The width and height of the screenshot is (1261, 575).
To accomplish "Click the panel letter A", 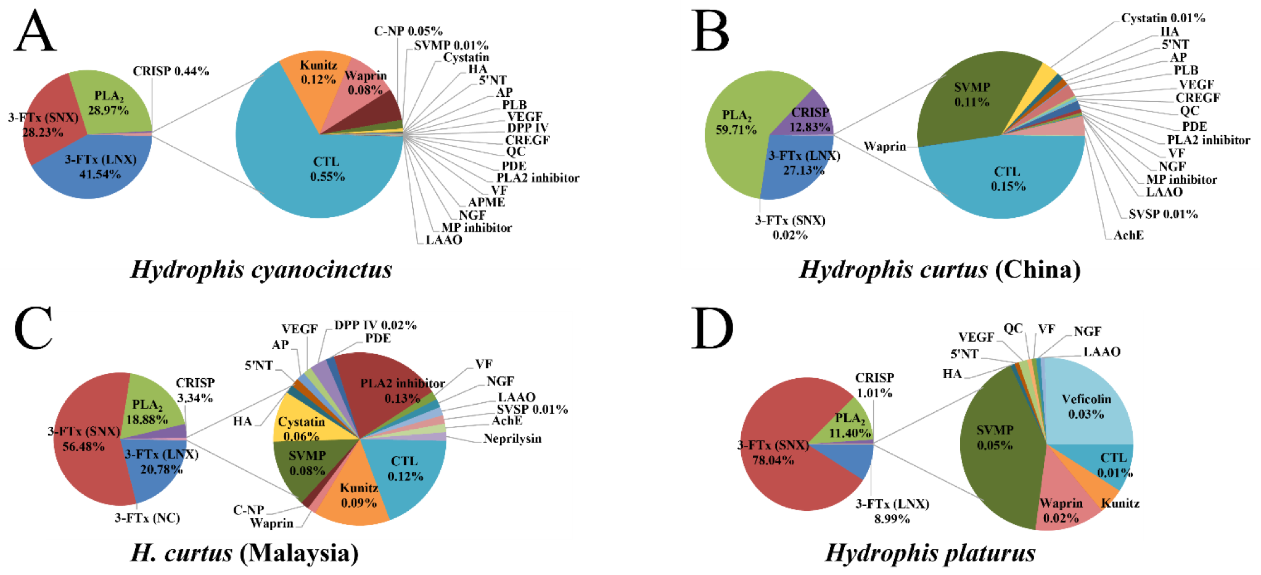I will click(35, 32).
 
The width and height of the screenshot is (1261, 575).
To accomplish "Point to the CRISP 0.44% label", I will click(171, 72).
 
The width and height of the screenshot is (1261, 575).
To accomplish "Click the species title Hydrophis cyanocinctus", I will click(261, 270).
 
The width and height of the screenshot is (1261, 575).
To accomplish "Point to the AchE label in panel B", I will click(1128, 235).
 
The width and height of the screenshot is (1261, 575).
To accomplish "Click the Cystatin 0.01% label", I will click(1162, 19).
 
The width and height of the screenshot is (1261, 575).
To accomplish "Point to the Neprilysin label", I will click(512, 439).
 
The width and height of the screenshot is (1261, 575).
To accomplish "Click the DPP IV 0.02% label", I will click(375, 325).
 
